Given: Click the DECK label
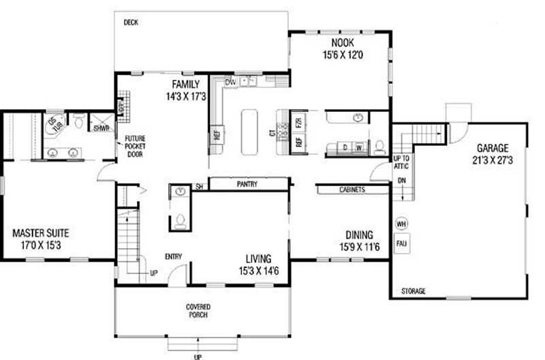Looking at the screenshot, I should [131, 22].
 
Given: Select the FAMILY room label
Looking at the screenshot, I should [185, 85].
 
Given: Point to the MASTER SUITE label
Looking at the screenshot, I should [41, 232].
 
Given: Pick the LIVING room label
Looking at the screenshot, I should [259, 258].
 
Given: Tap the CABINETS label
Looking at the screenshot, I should [352, 190].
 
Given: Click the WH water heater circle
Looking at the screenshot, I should [401, 223].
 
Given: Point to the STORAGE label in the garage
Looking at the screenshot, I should [413, 292].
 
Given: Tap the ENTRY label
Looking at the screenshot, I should [173, 256].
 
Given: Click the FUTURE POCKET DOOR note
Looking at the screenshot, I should [134, 145].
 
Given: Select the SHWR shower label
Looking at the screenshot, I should [102, 127].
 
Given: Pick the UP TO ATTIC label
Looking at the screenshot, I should [402, 163].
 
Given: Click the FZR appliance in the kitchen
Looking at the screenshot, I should [299, 123].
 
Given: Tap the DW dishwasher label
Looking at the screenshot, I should [230, 82].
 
